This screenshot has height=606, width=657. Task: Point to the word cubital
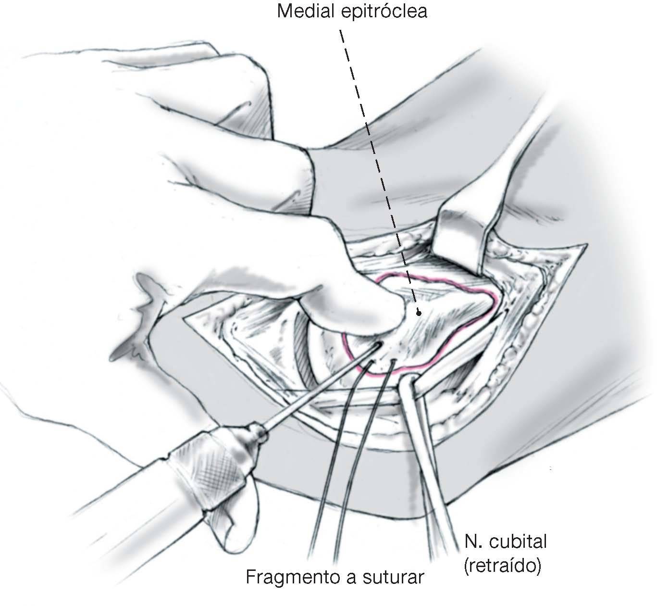point(519,542)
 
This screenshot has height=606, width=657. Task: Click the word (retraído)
point(503,567)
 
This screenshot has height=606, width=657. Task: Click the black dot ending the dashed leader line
point(418,313)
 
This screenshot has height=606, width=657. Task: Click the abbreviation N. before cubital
point(474,542)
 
